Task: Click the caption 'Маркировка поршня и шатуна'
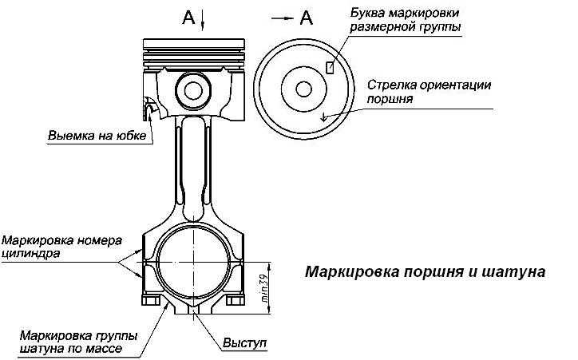[x=425, y=271]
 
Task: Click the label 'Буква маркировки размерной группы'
[x=409, y=21]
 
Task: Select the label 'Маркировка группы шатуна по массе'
[x=77, y=342]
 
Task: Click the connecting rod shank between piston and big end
[x=191, y=168]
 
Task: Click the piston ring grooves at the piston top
[x=191, y=53]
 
